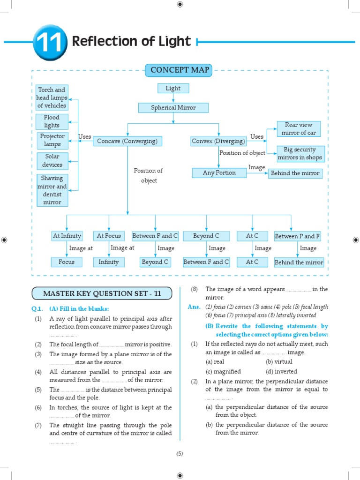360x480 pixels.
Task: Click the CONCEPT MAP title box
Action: point(180,71)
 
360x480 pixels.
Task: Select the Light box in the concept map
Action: point(173,88)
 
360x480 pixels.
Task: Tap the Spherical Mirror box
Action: point(173,108)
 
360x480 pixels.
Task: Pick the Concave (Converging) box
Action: point(127,141)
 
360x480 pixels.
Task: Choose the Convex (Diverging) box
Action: point(218,141)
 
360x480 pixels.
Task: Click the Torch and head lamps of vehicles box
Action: point(52,97)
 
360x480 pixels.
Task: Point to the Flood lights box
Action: point(52,122)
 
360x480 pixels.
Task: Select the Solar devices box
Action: point(52,161)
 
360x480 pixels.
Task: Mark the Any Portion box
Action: point(219,173)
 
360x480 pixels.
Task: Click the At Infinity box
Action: point(67,236)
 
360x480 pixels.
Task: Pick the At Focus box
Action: point(109,236)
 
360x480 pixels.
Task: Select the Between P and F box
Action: point(298,236)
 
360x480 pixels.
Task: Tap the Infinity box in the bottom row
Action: point(109,262)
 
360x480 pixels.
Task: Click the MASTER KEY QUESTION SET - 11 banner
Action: point(102,294)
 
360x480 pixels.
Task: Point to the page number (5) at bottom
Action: point(180,454)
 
